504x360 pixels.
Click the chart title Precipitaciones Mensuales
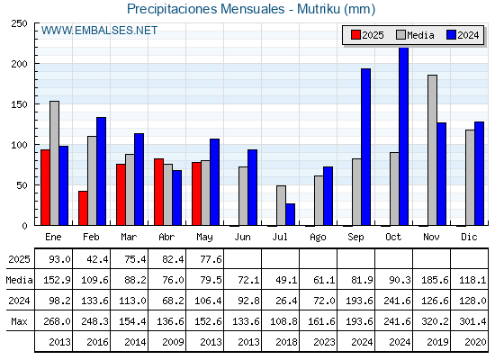coord(206,9)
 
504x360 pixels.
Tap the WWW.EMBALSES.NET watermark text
coord(99,31)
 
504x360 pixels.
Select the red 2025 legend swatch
coord(355,35)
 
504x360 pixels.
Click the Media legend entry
coord(415,35)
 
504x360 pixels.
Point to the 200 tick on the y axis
coord(19,64)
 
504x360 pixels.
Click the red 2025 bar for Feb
coord(83,208)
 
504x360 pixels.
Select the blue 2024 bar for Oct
coord(403,137)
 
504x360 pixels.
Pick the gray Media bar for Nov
coord(432,150)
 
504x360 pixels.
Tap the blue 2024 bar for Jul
coord(290,214)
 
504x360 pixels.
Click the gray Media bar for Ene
coord(54,163)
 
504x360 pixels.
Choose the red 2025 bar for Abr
coord(158,192)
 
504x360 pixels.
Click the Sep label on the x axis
coord(355,238)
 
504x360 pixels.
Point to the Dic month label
coord(469,237)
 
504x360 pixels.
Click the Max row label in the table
coord(19,321)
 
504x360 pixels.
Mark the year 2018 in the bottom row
coord(286,342)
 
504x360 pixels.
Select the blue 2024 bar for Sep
coord(365,147)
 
